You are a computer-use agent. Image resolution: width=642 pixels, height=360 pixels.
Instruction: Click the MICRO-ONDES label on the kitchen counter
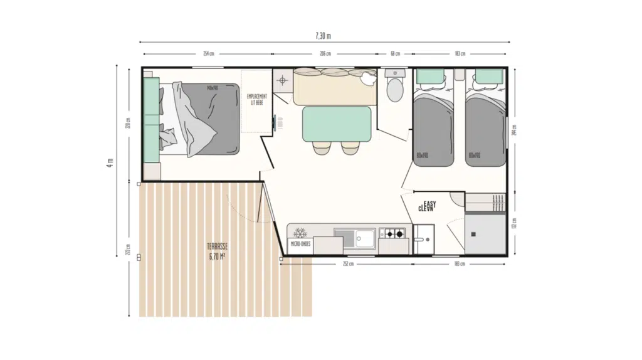pos(300,243)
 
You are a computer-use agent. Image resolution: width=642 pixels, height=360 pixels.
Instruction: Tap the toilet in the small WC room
pos(395,90)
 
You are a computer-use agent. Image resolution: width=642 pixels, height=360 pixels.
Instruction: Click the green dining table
pos(337,124)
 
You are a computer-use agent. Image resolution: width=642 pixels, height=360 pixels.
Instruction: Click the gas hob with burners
pos(394,235)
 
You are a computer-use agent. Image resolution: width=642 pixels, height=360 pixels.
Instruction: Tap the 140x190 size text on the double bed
pos(212,88)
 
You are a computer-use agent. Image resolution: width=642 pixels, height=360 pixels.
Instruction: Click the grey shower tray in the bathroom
pos(485,234)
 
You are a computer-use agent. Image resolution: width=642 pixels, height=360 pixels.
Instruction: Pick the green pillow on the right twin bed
pos(488,77)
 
